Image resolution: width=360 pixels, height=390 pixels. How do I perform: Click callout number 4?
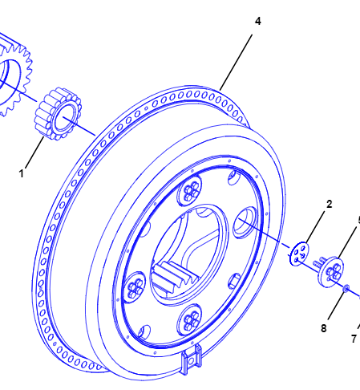coord(257,21)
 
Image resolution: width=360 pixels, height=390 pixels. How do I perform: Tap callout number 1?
coord(22,173)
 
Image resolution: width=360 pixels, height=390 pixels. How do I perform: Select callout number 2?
coord(330,205)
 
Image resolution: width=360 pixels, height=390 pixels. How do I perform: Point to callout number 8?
coord(324,328)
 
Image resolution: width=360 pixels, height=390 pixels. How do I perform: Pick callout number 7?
coord(354,339)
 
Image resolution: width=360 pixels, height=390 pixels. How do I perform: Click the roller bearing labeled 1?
coord(58,114)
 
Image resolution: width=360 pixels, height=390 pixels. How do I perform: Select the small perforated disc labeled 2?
coord(299,254)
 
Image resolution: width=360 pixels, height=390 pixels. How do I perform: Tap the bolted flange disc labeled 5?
coord(331,272)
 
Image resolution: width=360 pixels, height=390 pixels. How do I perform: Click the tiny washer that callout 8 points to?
coord(346,288)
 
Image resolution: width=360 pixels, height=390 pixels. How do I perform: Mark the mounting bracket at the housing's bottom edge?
coord(192,360)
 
